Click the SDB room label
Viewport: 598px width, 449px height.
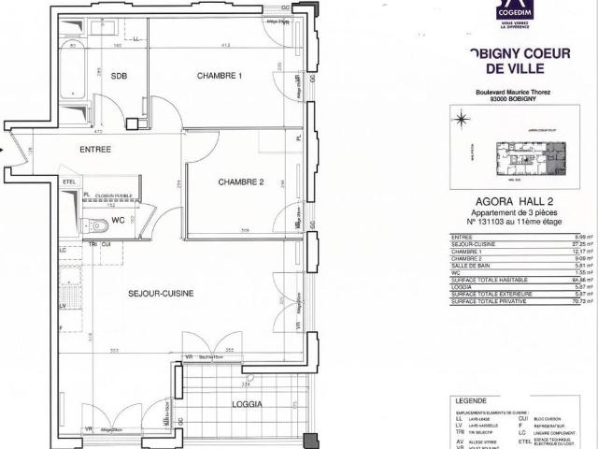pyautogui.click(x=119, y=77)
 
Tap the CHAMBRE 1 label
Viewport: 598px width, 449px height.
pyautogui.click(x=220, y=75)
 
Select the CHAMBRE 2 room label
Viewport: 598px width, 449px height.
pyautogui.click(x=242, y=181)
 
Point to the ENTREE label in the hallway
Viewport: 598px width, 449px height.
pyautogui.click(x=94, y=150)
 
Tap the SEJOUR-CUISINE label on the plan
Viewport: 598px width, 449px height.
pyautogui.click(x=161, y=294)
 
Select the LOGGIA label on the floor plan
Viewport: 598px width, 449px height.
pyautogui.click(x=247, y=404)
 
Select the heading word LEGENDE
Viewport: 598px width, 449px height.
pyautogui.click(x=468, y=398)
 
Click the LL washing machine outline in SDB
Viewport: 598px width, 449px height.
pyautogui.click(x=136, y=40)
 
